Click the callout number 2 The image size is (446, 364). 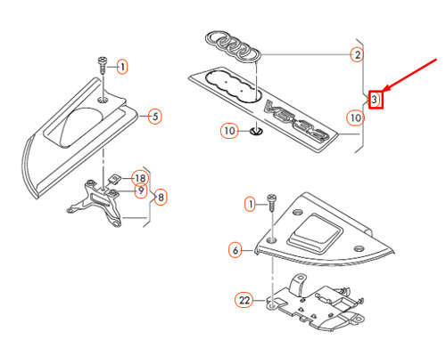coord(357,54)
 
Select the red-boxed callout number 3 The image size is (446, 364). coord(376,100)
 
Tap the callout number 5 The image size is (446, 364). coord(155,116)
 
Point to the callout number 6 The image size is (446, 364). coord(235,250)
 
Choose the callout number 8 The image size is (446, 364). coord(161,197)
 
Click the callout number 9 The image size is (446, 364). coord(141,190)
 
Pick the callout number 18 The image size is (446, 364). coord(140,178)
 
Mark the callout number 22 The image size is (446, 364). coord(244,300)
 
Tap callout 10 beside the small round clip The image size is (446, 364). coord(229,131)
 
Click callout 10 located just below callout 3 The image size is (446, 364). coord(356,117)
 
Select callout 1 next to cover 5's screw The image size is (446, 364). coord(122,67)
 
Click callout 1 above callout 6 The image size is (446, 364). coord(250,205)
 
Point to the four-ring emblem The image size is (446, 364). coord(233,46)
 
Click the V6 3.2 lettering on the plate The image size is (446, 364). coord(297,121)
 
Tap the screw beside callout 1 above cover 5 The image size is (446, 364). coord(102,65)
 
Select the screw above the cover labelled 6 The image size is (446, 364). coord(272,202)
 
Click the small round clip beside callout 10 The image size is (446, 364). coord(256,131)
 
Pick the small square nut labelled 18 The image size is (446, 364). coord(113,179)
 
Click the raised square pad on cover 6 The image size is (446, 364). coord(315,233)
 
